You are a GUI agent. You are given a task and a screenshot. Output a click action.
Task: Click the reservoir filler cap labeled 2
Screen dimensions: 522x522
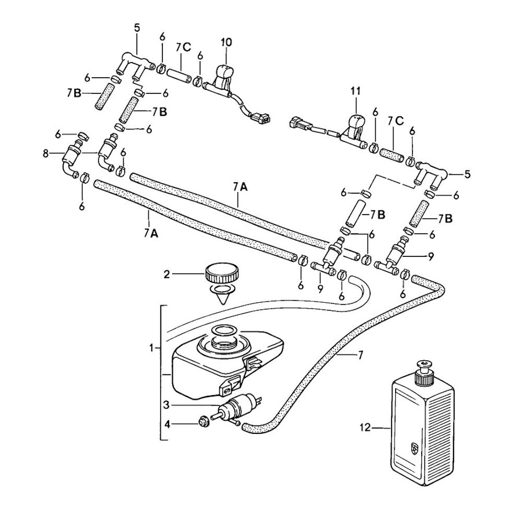click(221, 272)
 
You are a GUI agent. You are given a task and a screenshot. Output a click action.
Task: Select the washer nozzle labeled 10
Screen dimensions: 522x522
click(224, 75)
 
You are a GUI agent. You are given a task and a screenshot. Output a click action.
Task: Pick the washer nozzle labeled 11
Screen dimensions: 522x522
click(356, 125)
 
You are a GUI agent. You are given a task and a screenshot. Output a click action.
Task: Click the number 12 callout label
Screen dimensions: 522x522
click(364, 428)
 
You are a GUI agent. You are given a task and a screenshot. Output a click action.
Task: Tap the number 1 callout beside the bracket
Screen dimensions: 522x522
click(152, 347)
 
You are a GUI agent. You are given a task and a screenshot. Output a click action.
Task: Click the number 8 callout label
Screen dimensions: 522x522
click(46, 153)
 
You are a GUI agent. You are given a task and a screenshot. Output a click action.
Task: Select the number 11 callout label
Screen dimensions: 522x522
click(355, 91)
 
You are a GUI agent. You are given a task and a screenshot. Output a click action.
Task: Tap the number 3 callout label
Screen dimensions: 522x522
click(166, 405)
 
